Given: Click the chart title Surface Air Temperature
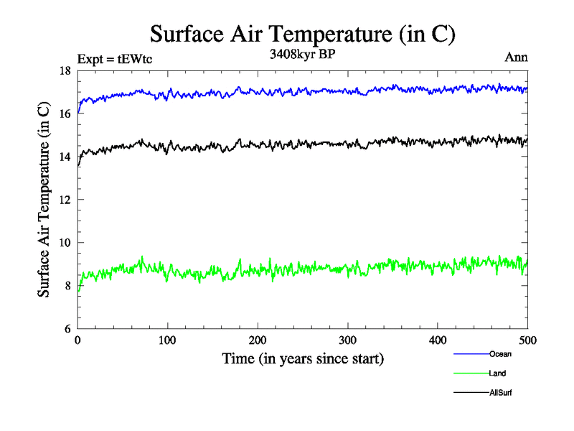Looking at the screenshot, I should pyautogui.click(x=302, y=34).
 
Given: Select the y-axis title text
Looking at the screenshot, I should pyautogui.click(x=44, y=200).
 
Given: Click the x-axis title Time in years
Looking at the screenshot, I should pyautogui.click(x=303, y=358).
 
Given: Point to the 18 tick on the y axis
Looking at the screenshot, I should pyautogui.click(x=64, y=70).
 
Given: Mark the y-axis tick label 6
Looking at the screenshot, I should pyautogui.click(x=66, y=329).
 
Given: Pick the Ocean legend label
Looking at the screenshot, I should pyautogui.click(x=500, y=354).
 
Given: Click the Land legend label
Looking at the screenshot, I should pyautogui.click(x=498, y=374).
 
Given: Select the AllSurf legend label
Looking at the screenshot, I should pyautogui.click(x=501, y=393).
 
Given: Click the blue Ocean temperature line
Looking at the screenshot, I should pyautogui.click(x=287, y=91).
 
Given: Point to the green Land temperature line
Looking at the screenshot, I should pyautogui.click(x=287, y=269).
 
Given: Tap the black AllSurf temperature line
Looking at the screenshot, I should pyautogui.click(x=287, y=144).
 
